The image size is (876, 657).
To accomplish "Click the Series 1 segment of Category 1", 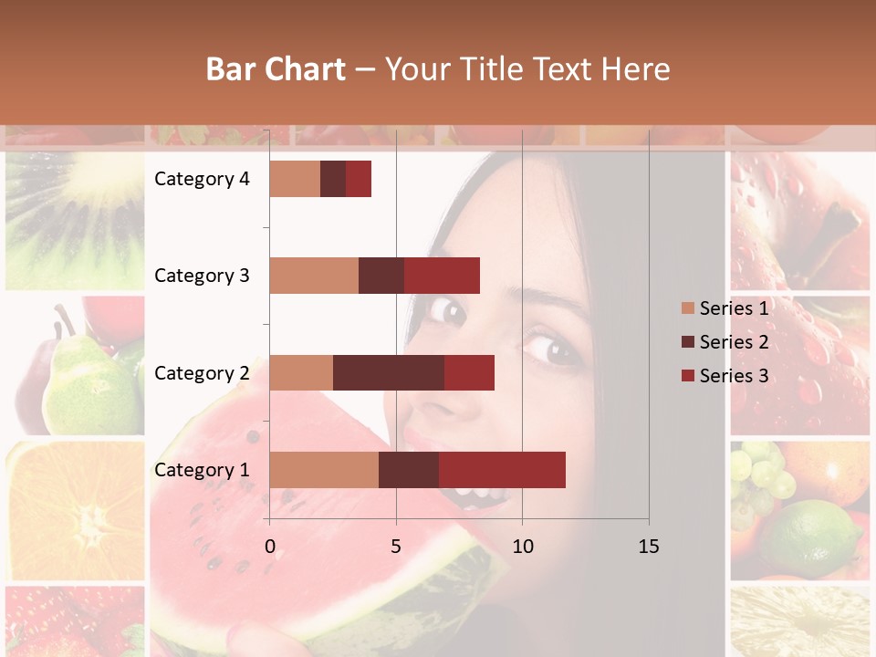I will pyautogui.click(x=323, y=470).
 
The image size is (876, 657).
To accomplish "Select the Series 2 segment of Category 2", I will pyautogui.click(x=388, y=372).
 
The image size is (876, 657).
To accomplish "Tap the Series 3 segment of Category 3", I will pyautogui.click(x=442, y=276).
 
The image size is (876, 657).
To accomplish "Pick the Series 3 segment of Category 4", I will pyautogui.click(x=359, y=179).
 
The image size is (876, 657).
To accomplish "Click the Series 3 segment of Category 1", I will pyautogui.click(x=502, y=470).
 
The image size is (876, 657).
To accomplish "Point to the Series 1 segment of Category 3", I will pyautogui.click(x=313, y=276).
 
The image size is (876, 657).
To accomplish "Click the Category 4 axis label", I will pyautogui.click(x=202, y=179).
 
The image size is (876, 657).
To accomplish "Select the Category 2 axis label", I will pyautogui.click(x=202, y=373).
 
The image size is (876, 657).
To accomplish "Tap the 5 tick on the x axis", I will pyautogui.click(x=396, y=547).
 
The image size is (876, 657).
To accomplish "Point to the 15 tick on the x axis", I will pyautogui.click(x=649, y=547).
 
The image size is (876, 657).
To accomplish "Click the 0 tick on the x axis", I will pyautogui.click(x=270, y=547).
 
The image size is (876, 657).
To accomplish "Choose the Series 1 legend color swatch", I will pyautogui.click(x=688, y=308).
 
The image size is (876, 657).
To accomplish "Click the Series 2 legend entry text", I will pyautogui.click(x=734, y=342).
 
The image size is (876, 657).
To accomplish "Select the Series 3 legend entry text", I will pyautogui.click(x=734, y=376).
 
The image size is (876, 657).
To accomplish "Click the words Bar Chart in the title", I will pyautogui.click(x=276, y=69).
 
